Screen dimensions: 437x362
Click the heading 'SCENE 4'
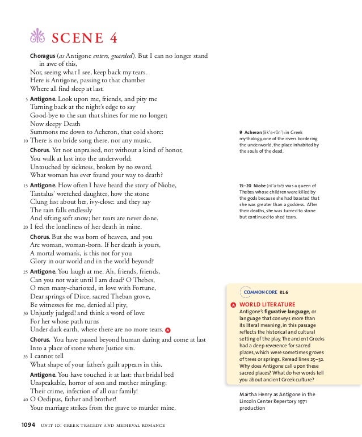click(x=85, y=39)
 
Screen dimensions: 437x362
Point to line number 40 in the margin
click(x=26, y=399)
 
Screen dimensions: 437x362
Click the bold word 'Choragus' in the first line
click(x=43, y=56)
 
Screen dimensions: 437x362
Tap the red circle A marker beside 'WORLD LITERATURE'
click(x=233, y=305)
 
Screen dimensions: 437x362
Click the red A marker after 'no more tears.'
click(x=169, y=329)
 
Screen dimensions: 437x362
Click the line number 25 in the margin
click(x=26, y=272)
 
